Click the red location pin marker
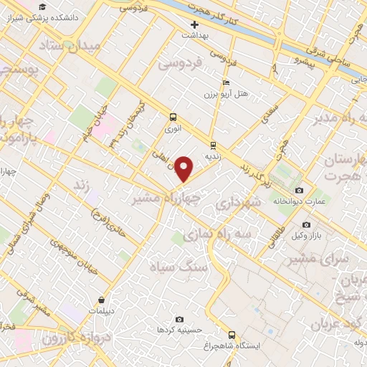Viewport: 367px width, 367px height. pos(184,168)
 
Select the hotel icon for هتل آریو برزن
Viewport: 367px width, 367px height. pos(227,82)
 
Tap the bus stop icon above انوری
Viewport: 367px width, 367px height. pos(172,117)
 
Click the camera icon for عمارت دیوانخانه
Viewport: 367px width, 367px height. pos(298,190)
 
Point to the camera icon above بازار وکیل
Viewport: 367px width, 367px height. pos(306,225)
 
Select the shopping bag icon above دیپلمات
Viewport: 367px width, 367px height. pos(103,300)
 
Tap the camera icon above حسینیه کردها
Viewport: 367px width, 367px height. pos(179,319)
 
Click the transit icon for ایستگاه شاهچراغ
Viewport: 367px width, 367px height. pos(231,334)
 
